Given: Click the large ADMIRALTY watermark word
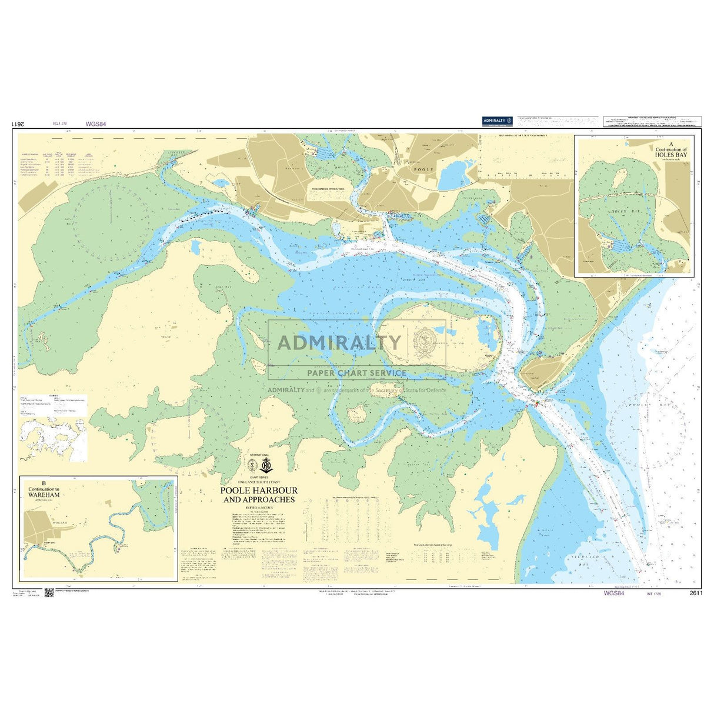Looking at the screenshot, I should click(339, 342).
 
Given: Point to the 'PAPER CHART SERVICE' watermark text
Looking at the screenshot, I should click(356, 372).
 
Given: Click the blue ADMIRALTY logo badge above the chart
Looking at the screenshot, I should click(498, 121).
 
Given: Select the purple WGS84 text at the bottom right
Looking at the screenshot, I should click(613, 593).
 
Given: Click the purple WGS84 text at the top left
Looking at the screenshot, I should click(95, 124).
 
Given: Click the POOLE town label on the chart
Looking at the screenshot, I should click(425, 169).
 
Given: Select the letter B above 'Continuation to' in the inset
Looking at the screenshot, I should click(44, 483).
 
